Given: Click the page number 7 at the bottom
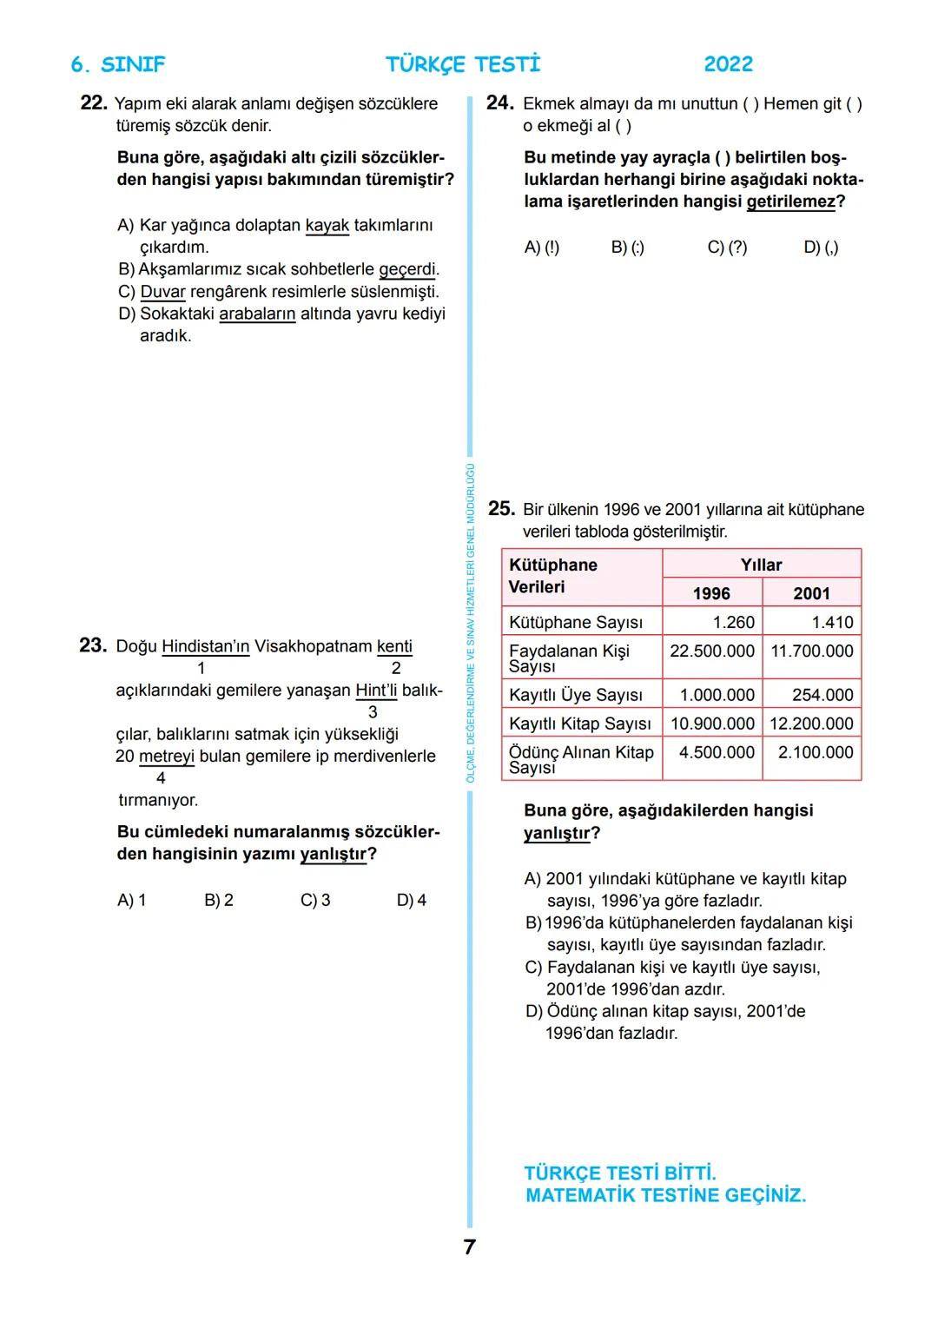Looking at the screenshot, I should click(x=469, y=1247).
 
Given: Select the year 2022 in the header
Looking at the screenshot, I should click(x=728, y=64).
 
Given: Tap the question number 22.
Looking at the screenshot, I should click(x=93, y=103).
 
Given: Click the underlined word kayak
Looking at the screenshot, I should click(x=327, y=226).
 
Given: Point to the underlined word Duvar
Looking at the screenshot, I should click(x=162, y=292).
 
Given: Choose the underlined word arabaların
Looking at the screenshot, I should click(x=257, y=314).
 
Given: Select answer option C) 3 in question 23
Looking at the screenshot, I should click(x=315, y=901).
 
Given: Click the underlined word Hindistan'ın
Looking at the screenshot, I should click(x=205, y=646).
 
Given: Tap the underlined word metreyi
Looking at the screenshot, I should click(x=166, y=757).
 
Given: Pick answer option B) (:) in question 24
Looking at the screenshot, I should click(x=627, y=248).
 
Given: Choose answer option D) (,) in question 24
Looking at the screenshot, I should click(x=821, y=248).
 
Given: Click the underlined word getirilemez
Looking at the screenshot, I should click(x=790, y=202).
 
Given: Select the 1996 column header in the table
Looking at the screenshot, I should click(x=711, y=593).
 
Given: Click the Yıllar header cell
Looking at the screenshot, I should click(x=761, y=565).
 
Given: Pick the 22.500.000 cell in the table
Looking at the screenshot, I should click(x=711, y=651).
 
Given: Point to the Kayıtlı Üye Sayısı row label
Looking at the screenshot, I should click(x=575, y=695).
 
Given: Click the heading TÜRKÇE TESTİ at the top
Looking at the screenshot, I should click(x=463, y=64).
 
